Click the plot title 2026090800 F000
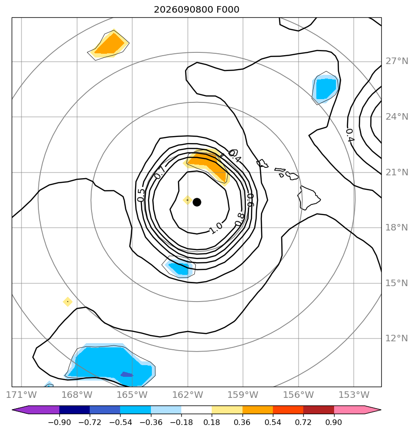pos(196,10)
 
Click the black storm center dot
pos(197,202)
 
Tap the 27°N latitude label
pos(397,61)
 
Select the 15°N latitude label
pos(397,283)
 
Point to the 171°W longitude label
pos(21,395)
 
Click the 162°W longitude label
pos(187,395)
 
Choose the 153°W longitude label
pos(354,395)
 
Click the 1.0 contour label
pos(215,228)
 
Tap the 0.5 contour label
pos(140,195)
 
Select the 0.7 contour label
pos(160,173)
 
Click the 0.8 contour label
pos(240,219)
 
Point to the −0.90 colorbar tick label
pos(59,422)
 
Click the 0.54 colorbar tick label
pos(273,422)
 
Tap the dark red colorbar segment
pos(319,410)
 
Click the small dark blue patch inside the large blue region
pos(127,374)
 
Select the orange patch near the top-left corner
pos(109,44)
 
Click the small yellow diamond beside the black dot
pos(187,200)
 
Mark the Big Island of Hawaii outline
pos(308,197)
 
